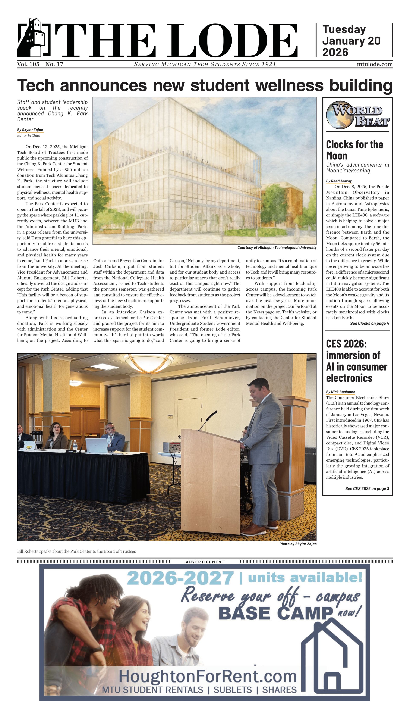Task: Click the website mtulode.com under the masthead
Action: click(x=375, y=64)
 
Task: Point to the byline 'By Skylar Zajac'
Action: click(x=30, y=130)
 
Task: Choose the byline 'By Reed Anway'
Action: click(x=339, y=181)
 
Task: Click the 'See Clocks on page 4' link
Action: click(x=369, y=324)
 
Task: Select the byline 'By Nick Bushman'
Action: click(x=340, y=392)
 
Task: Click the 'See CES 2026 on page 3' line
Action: click(x=367, y=489)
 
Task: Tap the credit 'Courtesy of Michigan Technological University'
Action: click(x=277, y=248)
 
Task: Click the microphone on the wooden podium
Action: click(x=208, y=420)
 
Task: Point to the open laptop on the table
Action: click(x=96, y=445)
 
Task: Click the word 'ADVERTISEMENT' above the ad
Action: click(x=205, y=562)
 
